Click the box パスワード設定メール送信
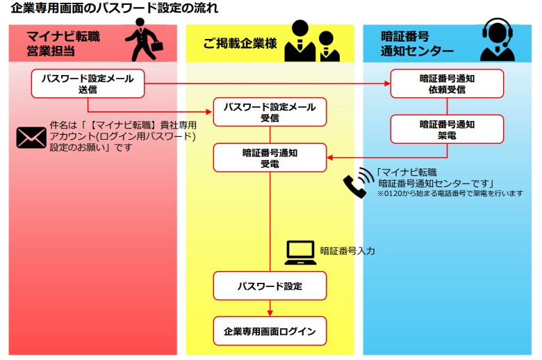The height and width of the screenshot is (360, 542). (x=88, y=83)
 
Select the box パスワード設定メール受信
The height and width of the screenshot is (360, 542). (x=270, y=113)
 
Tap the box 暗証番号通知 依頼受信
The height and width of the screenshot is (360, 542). (x=447, y=83)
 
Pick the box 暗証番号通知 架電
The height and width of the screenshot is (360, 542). (x=447, y=130)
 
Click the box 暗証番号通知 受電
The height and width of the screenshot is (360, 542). (x=270, y=158)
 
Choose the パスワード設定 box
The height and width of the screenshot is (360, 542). (x=270, y=286)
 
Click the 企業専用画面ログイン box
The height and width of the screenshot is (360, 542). (x=270, y=331)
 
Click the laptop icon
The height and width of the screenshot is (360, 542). (x=300, y=252)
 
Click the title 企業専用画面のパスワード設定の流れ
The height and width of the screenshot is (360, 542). (x=115, y=9)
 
